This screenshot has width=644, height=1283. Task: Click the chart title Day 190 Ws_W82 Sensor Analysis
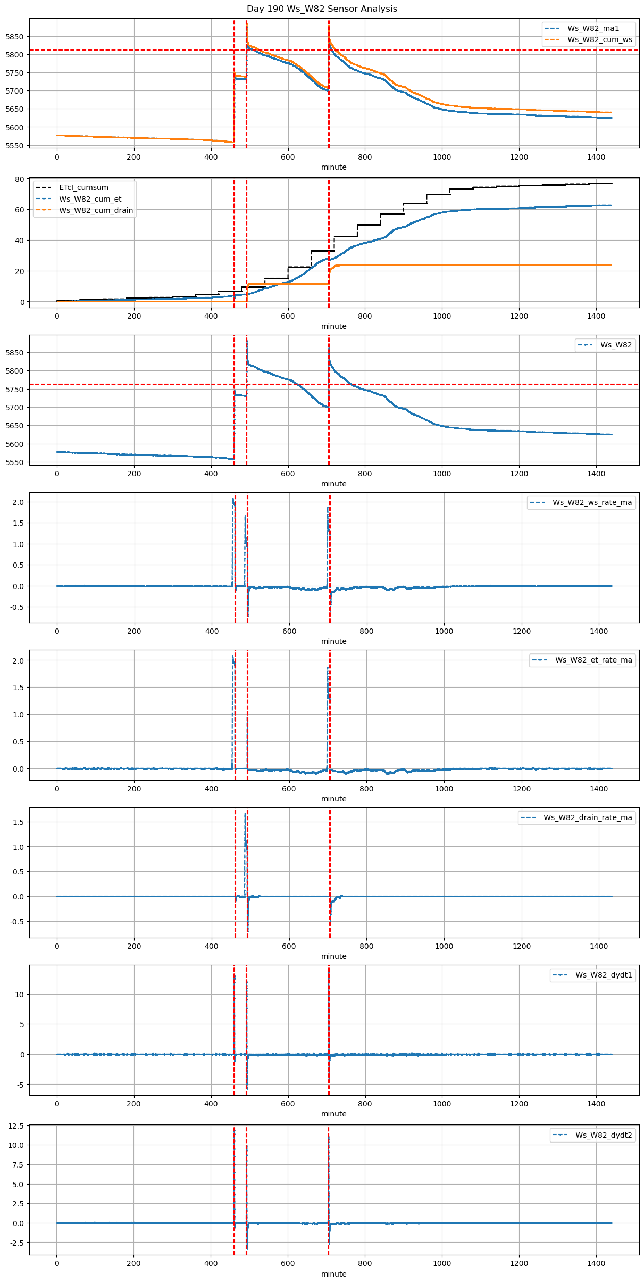coord(322,9)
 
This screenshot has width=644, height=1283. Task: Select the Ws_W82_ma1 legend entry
coord(593,28)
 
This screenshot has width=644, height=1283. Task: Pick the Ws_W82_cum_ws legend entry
coord(599,39)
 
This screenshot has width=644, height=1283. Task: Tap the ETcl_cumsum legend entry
coord(83,187)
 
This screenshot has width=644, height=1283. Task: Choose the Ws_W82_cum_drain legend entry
coord(96,210)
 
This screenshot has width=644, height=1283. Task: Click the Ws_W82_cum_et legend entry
coord(90,199)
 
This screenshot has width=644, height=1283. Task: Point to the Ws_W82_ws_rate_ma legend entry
coord(592,502)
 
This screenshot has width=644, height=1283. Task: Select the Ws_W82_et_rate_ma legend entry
coord(593,660)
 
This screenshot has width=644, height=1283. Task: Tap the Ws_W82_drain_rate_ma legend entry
coord(588,817)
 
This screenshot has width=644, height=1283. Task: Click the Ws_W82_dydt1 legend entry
coord(604,975)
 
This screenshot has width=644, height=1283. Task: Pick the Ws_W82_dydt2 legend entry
coord(604,1135)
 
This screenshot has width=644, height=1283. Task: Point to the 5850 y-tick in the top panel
coord(14,37)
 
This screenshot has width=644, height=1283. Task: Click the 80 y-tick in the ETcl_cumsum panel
coord(20,179)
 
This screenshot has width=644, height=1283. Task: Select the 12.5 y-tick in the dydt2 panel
coord(16,1126)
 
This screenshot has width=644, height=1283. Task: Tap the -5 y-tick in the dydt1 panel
coord(20,1085)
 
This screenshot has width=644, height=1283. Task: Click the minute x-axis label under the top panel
coord(333,167)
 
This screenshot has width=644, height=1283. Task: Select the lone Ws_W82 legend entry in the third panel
coord(616,345)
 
